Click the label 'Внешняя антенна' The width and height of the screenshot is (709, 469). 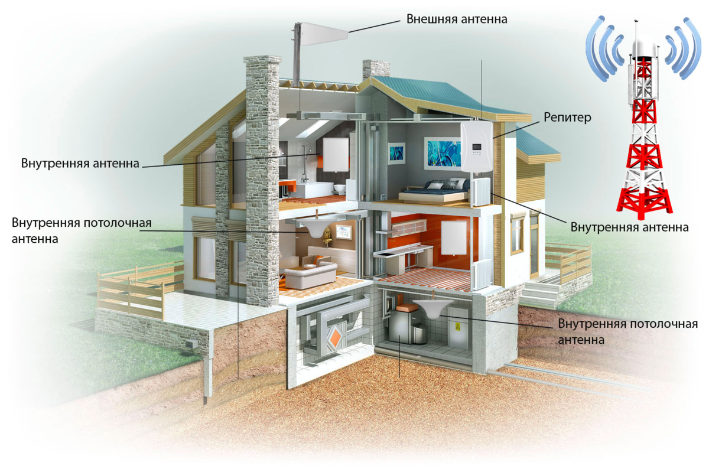click(x=457, y=18)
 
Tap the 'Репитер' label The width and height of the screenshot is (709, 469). click(x=568, y=118)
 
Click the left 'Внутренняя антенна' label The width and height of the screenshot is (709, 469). click(x=80, y=163)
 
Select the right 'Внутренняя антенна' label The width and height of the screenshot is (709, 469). click(x=629, y=227)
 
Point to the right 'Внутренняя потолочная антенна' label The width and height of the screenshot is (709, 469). click(x=628, y=332)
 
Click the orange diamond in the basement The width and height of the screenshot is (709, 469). click(x=335, y=338)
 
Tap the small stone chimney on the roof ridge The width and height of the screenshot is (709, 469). click(x=375, y=69)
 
